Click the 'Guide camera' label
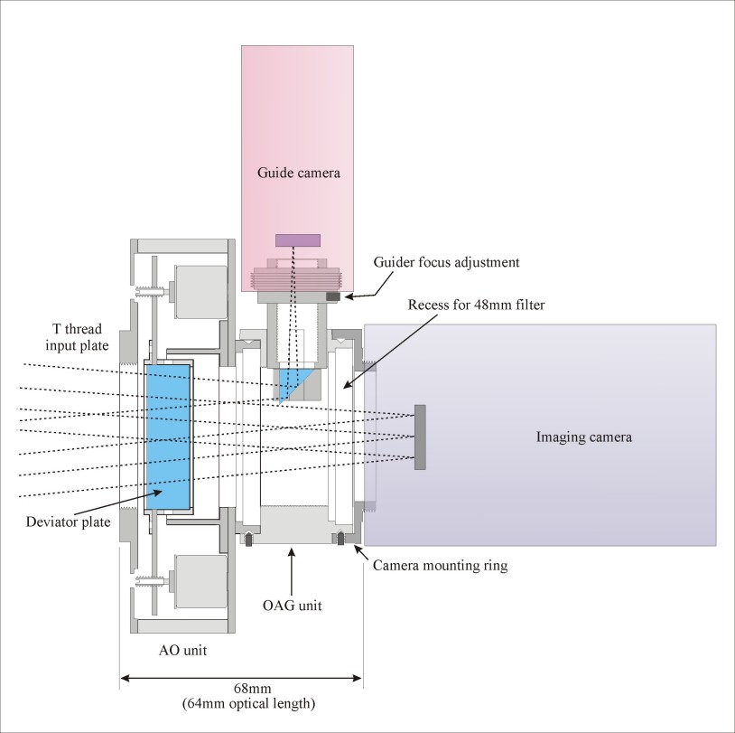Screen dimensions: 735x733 tap(299, 174)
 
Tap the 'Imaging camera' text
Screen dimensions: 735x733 tap(584, 437)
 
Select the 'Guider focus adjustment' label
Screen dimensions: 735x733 tap(446, 262)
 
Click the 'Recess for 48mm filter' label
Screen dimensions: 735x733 tap(476, 305)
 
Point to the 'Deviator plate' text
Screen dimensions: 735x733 tap(68, 522)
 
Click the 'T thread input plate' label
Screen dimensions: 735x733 tap(77, 337)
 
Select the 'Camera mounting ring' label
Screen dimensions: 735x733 tap(440, 566)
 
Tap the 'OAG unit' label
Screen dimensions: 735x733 tap(292, 606)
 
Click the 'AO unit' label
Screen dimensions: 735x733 tap(182, 651)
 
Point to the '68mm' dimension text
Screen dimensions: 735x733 tap(252, 689)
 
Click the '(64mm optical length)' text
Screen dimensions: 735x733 tap(248, 704)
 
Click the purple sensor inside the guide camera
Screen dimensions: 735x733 tap(298, 240)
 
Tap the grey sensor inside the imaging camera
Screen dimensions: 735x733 tap(420, 437)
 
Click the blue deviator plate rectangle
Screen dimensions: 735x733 tap(168, 437)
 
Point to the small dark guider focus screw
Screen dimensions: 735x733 tap(333, 296)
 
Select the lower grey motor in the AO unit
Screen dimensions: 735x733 tap(200, 582)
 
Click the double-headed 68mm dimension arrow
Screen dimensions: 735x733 tap(241, 678)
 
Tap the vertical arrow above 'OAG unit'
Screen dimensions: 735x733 tap(292, 571)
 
